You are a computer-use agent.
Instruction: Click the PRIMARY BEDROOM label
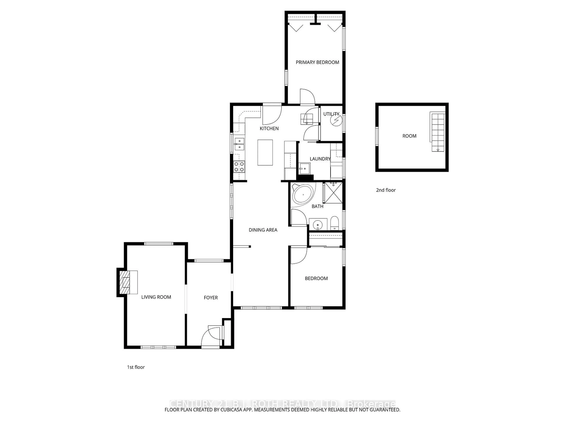pyautogui.click(x=317, y=62)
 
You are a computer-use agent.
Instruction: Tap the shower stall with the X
pyautogui.click(x=333, y=193)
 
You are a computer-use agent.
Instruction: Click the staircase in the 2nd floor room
pyautogui.click(x=438, y=132)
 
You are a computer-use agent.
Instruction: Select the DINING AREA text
pyautogui.click(x=263, y=230)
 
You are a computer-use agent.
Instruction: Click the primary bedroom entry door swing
pyautogui.click(x=307, y=97)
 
